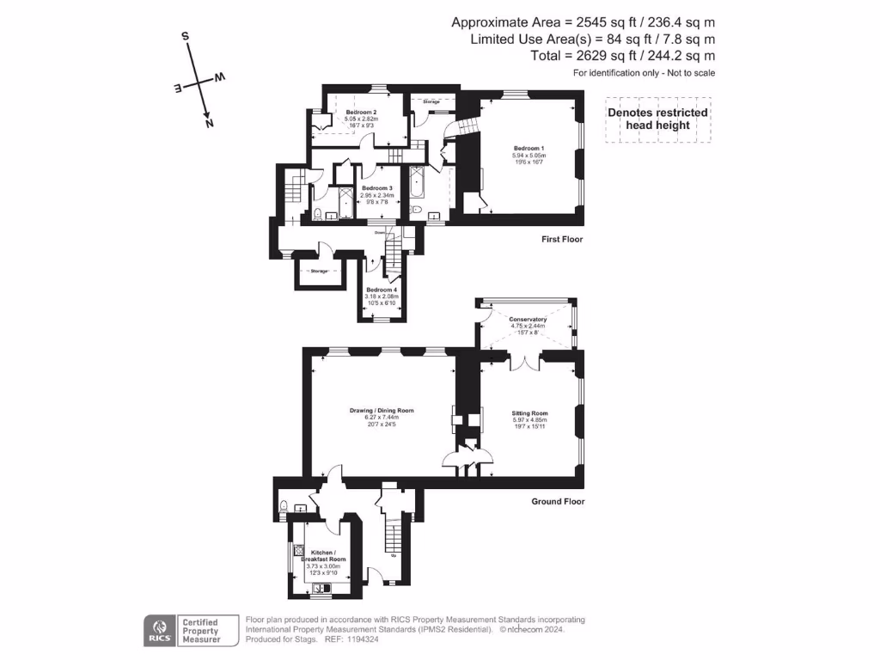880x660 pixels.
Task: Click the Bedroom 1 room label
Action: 529,149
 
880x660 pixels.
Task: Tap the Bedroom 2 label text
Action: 362,113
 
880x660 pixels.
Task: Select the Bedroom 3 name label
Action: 376,188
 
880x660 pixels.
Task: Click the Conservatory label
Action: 528,320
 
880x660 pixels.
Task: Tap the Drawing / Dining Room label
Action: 382,411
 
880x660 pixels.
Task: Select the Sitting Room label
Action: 529,413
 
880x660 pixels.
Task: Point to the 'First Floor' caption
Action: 562,239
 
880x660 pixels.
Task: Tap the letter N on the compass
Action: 209,123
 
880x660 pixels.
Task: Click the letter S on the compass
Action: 185,37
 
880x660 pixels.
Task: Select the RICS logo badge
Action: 159,631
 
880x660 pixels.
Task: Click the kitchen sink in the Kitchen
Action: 323,589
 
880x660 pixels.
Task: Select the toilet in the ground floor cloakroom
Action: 283,508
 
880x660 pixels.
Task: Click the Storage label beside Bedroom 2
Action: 431,101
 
